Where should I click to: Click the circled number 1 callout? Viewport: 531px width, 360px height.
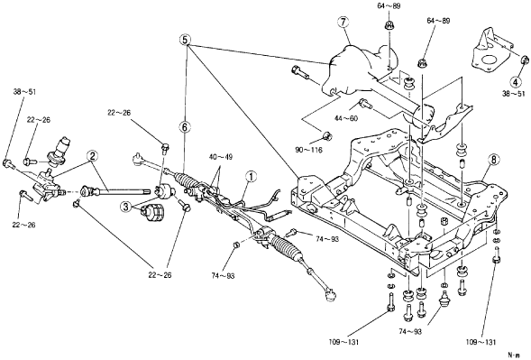[x=252, y=176]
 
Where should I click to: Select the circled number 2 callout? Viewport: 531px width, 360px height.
[x=92, y=156]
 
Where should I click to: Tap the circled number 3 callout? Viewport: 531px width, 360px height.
[x=126, y=207]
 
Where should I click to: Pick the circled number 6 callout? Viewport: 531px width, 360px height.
[x=185, y=127]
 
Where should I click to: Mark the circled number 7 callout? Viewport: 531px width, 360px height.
[x=343, y=23]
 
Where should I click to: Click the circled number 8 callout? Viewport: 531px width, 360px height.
[x=493, y=160]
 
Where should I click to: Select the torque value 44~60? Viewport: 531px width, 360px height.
[x=346, y=118]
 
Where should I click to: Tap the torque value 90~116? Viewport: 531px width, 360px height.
[x=309, y=150]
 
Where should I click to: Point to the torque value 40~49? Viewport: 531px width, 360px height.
[x=221, y=157]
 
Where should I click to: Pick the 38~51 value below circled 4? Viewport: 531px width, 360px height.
[x=513, y=94]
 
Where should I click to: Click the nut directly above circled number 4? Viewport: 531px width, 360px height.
[x=524, y=60]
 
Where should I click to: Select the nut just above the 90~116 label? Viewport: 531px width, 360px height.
[x=327, y=136]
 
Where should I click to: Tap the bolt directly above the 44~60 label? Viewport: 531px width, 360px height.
[x=365, y=103]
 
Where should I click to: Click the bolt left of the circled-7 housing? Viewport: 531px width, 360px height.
[x=299, y=73]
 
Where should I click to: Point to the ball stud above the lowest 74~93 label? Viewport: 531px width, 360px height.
[x=444, y=298]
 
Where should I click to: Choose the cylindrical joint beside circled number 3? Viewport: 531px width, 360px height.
[x=152, y=213]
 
